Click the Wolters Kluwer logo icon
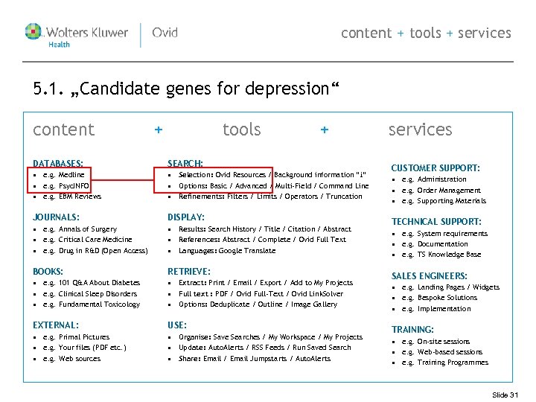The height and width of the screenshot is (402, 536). click(x=33, y=32)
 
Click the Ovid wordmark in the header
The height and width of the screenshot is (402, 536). click(x=165, y=33)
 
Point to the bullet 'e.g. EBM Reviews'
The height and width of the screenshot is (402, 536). click(x=72, y=197)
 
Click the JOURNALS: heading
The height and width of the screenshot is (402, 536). click(x=57, y=217)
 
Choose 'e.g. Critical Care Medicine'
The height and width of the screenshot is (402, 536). click(x=87, y=240)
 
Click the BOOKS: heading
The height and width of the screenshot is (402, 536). click(x=48, y=272)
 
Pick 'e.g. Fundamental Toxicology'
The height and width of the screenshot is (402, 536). click(x=92, y=304)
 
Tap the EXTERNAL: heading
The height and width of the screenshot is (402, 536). click(x=56, y=325)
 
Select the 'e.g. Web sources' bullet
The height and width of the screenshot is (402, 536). click(x=71, y=359)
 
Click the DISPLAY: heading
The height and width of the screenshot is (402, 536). click(x=186, y=217)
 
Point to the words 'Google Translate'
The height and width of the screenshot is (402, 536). click(x=250, y=251)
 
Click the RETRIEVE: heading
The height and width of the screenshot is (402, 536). click(x=189, y=272)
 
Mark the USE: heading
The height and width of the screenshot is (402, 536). click(x=177, y=325)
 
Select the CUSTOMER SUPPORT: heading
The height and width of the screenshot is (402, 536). click(x=435, y=168)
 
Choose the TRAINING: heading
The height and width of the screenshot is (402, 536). click(x=412, y=330)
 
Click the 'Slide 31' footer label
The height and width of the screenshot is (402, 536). click(x=505, y=395)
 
